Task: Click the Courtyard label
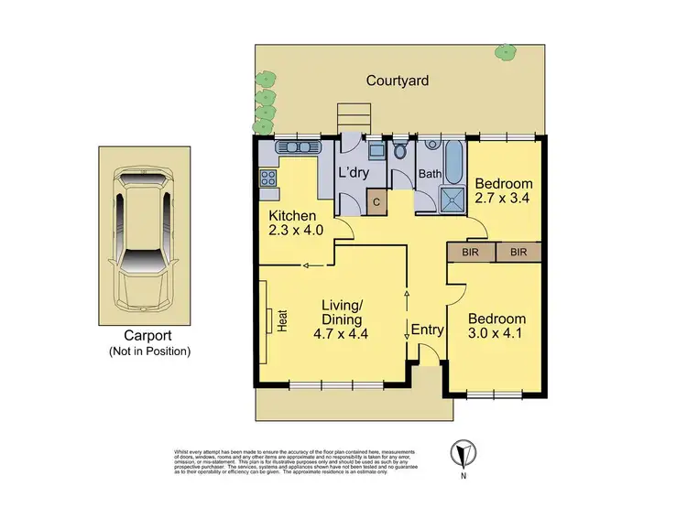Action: pyautogui.click(x=398, y=81)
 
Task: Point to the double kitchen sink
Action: pyautogui.click(x=297, y=146)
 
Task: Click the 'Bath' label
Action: pyautogui.click(x=430, y=174)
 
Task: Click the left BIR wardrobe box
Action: pyautogui.click(x=470, y=251)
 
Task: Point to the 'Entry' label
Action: pyautogui.click(x=427, y=330)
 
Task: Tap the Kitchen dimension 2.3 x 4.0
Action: pyautogui.click(x=292, y=232)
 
